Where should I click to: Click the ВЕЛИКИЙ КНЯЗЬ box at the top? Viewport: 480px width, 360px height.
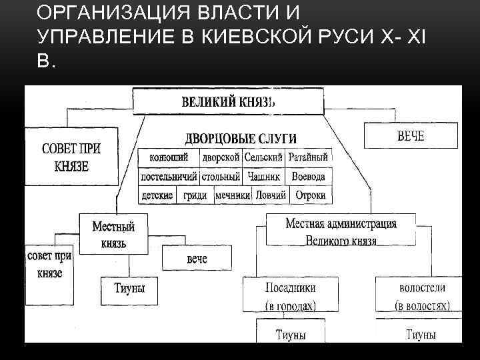(229, 103)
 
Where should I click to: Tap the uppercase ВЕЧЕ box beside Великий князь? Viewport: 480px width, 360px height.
(411, 137)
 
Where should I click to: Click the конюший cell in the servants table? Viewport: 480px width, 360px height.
(168, 158)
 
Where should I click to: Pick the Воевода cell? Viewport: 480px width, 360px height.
(309, 177)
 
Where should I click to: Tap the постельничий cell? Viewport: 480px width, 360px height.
(169, 177)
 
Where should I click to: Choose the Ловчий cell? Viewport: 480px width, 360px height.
(270, 195)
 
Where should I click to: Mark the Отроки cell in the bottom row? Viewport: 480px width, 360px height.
(310, 195)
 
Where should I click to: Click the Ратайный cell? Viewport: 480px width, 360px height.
(308, 158)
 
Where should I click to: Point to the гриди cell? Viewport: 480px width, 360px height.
(195, 195)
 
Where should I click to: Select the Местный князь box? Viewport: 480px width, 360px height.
(113, 235)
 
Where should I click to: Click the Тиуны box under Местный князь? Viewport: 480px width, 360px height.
(130, 289)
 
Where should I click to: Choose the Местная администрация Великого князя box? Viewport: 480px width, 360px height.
(341, 231)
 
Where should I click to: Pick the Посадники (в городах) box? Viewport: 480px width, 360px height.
(291, 296)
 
